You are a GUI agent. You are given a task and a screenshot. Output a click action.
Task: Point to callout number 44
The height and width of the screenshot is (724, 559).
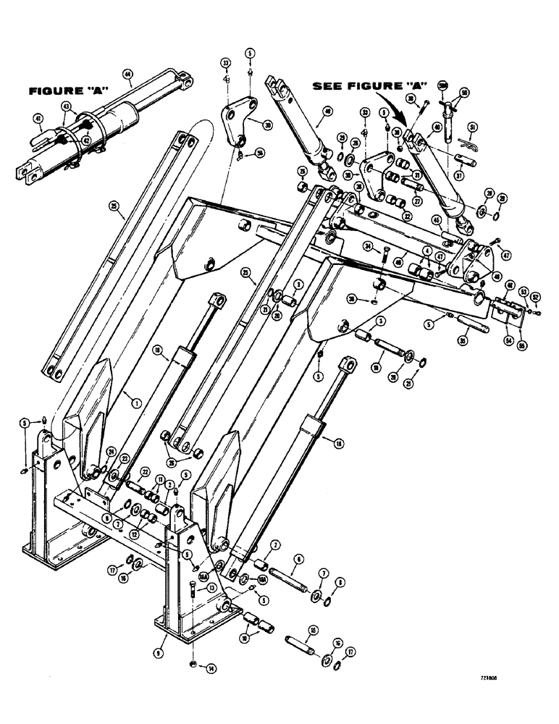coord(128,74)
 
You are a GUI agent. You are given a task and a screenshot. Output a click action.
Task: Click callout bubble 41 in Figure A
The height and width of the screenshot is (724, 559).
coord(38,117)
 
